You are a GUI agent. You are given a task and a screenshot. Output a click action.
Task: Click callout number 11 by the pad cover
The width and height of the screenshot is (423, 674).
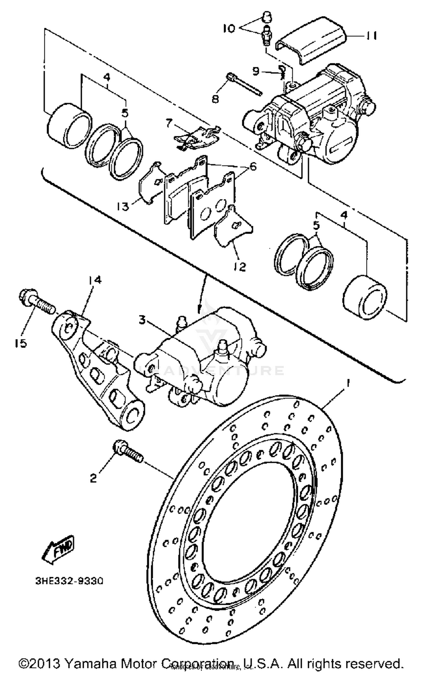(371, 36)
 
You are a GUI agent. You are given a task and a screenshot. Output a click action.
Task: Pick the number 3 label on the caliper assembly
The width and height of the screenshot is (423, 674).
(142, 320)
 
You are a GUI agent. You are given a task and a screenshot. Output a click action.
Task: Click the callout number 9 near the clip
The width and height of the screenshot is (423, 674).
(255, 71)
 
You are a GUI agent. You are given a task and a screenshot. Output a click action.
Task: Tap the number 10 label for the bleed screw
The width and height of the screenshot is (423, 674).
(229, 29)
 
